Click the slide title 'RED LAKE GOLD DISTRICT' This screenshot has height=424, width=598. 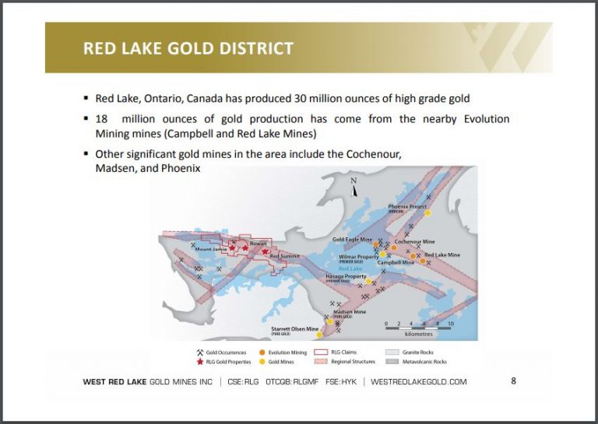point(188,48)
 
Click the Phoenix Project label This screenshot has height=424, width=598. point(407,207)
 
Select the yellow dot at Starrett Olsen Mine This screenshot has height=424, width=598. point(319,335)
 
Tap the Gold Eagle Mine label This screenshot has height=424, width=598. point(352,240)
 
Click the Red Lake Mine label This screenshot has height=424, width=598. point(441,254)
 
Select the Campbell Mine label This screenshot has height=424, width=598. point(396,263)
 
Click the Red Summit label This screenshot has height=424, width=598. point(285,257)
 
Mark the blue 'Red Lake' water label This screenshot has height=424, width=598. point(356,269)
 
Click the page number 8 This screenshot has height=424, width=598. point(513,381)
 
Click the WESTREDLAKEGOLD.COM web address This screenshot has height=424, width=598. point(418,382)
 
